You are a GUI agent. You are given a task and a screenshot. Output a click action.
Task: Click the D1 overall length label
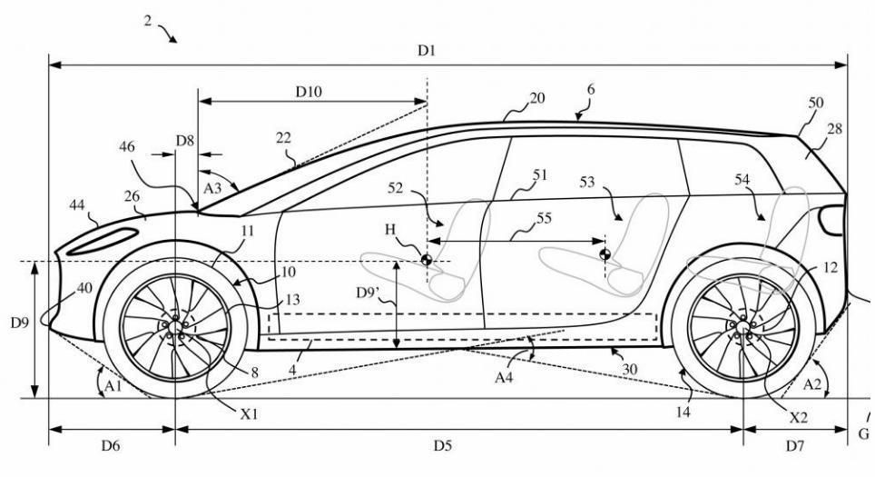[x=427, y=51]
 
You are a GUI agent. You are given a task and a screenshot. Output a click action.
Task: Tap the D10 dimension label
[x=310, y=91]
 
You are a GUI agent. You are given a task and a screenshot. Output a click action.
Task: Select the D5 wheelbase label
[x=442, y=445]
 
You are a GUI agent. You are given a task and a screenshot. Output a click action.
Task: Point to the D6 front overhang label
[x=111, y=445]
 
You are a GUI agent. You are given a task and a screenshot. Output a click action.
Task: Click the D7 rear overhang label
[x=794, y=445]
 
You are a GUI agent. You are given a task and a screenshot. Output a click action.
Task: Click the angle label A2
[x=814, y=384]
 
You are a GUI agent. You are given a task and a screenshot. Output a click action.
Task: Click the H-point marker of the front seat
[x=426, y=260]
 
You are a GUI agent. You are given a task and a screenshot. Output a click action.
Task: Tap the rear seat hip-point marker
[x=605, y=253]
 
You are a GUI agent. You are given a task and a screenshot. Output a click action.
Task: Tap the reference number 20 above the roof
[x=536, y=98]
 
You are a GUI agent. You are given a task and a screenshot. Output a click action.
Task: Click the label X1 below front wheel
[x=250, y=414]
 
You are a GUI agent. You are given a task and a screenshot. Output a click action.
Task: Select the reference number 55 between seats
[x=544, y=220]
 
